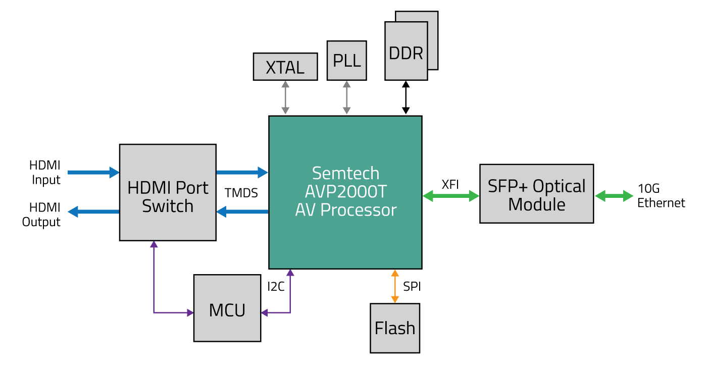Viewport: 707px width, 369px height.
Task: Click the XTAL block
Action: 285,67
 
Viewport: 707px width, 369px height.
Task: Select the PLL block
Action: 346,61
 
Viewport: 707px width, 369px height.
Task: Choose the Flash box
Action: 395,328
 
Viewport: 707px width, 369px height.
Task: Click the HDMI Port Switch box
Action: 168,192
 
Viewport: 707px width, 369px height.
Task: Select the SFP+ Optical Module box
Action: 536,194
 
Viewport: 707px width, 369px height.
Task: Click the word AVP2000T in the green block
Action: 345,191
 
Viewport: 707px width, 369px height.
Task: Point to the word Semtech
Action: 345,173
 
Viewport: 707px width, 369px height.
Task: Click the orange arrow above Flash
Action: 395,286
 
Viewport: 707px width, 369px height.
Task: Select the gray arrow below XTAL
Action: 285,98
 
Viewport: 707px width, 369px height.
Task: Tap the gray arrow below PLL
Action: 346,98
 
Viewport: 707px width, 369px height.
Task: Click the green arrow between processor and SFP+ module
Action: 450,196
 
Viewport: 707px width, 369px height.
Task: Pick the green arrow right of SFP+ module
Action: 614,196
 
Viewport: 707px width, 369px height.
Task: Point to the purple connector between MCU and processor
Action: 290,303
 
